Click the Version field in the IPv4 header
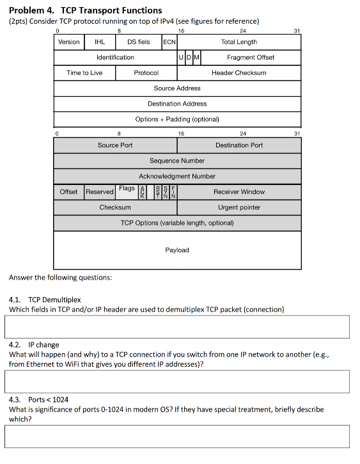click(69, 42)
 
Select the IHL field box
click(100, 42)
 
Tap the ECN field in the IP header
click(169, 42)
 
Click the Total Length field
click(239, 42)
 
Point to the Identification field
click(115, 58)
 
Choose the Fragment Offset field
click(251, 58)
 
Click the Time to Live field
click(84, 73)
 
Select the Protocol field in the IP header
click(146, 73)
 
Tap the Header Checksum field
click(239, 73)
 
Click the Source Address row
click(177, 88)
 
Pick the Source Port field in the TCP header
click(115, 145)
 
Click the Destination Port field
click(239, 145)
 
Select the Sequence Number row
click(177, 161)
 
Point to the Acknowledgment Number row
click(177, 176)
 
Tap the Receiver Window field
click(239, 192)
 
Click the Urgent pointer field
click(239, 207)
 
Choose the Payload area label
click(177, 250)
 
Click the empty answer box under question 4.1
click(177, 326)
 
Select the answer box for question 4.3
click(177, 436)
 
